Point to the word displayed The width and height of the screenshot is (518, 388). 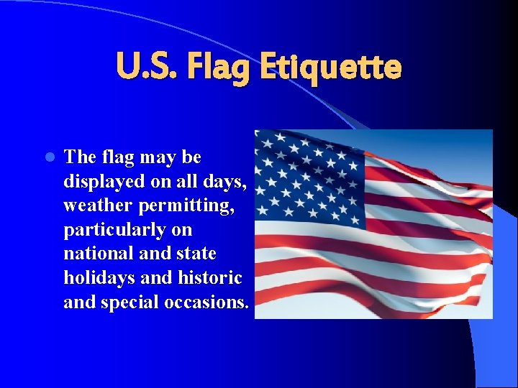(x=99, y=181)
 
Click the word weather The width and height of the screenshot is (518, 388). (x=94, y=205)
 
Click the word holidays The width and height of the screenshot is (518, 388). (x=97, y=278)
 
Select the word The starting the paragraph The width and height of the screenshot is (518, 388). (x=78, y=157)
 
